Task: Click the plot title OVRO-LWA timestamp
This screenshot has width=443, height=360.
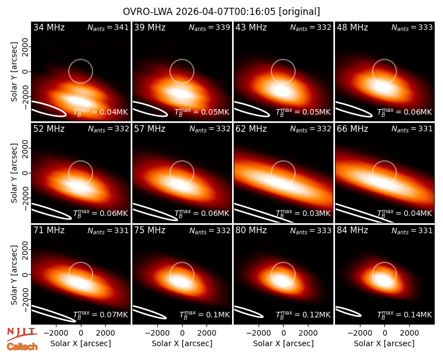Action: coord(221,12)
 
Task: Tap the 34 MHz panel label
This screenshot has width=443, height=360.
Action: coord(49,27)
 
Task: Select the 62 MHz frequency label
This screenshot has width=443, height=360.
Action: coord(251,129)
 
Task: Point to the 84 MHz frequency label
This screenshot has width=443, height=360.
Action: coord(352,230)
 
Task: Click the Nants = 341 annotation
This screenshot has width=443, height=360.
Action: coord(108,27)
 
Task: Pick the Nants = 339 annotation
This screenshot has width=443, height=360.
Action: coord(209,27)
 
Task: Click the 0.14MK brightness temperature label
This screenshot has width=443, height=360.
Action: coord(405,315)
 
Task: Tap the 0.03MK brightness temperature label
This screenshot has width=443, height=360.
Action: coord(303,213)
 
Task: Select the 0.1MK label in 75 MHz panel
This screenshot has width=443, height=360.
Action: coord(204,315)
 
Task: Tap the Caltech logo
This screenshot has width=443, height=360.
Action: coord(22,347)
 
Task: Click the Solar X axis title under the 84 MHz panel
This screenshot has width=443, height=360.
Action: coord(384,343)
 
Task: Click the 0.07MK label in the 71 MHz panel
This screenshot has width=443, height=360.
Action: coord(101,315)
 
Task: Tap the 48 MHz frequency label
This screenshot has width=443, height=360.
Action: coord(352,27)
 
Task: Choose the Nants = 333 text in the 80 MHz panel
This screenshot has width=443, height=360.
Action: coord(311,230)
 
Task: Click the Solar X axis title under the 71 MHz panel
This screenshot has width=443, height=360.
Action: coord(81,343)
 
